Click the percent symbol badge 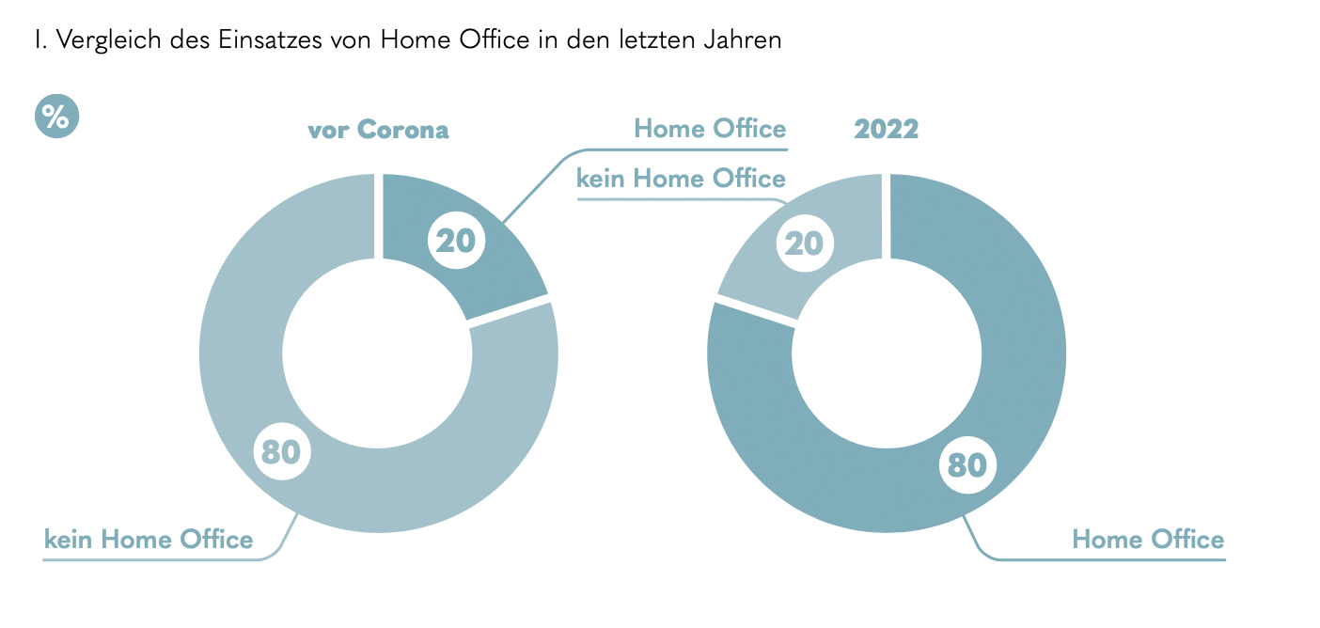click(56, 118)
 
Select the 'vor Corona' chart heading click(378, 130)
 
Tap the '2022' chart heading click(886, 130)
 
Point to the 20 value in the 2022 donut click(805, 243)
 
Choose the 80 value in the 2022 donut click(966, 465)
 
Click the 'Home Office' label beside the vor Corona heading click(710, 129)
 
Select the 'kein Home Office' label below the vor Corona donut click(149, 540)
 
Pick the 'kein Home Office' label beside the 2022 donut click(681, 179)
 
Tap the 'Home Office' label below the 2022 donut click(1148, 540)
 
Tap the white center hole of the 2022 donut click(886, 353)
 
